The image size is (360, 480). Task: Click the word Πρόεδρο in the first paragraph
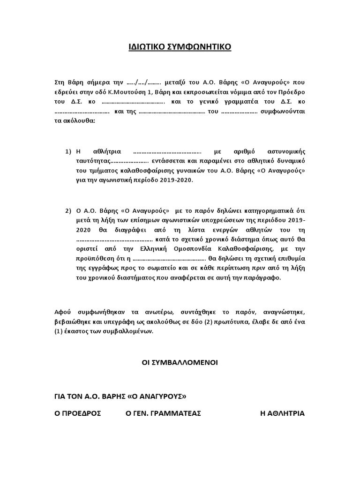coord(291,92)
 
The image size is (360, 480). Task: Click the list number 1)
coord(68,151)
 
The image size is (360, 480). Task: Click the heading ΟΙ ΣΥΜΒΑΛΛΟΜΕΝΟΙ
coord(180,363)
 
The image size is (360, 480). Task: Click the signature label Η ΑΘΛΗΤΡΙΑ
coord(282,413)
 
